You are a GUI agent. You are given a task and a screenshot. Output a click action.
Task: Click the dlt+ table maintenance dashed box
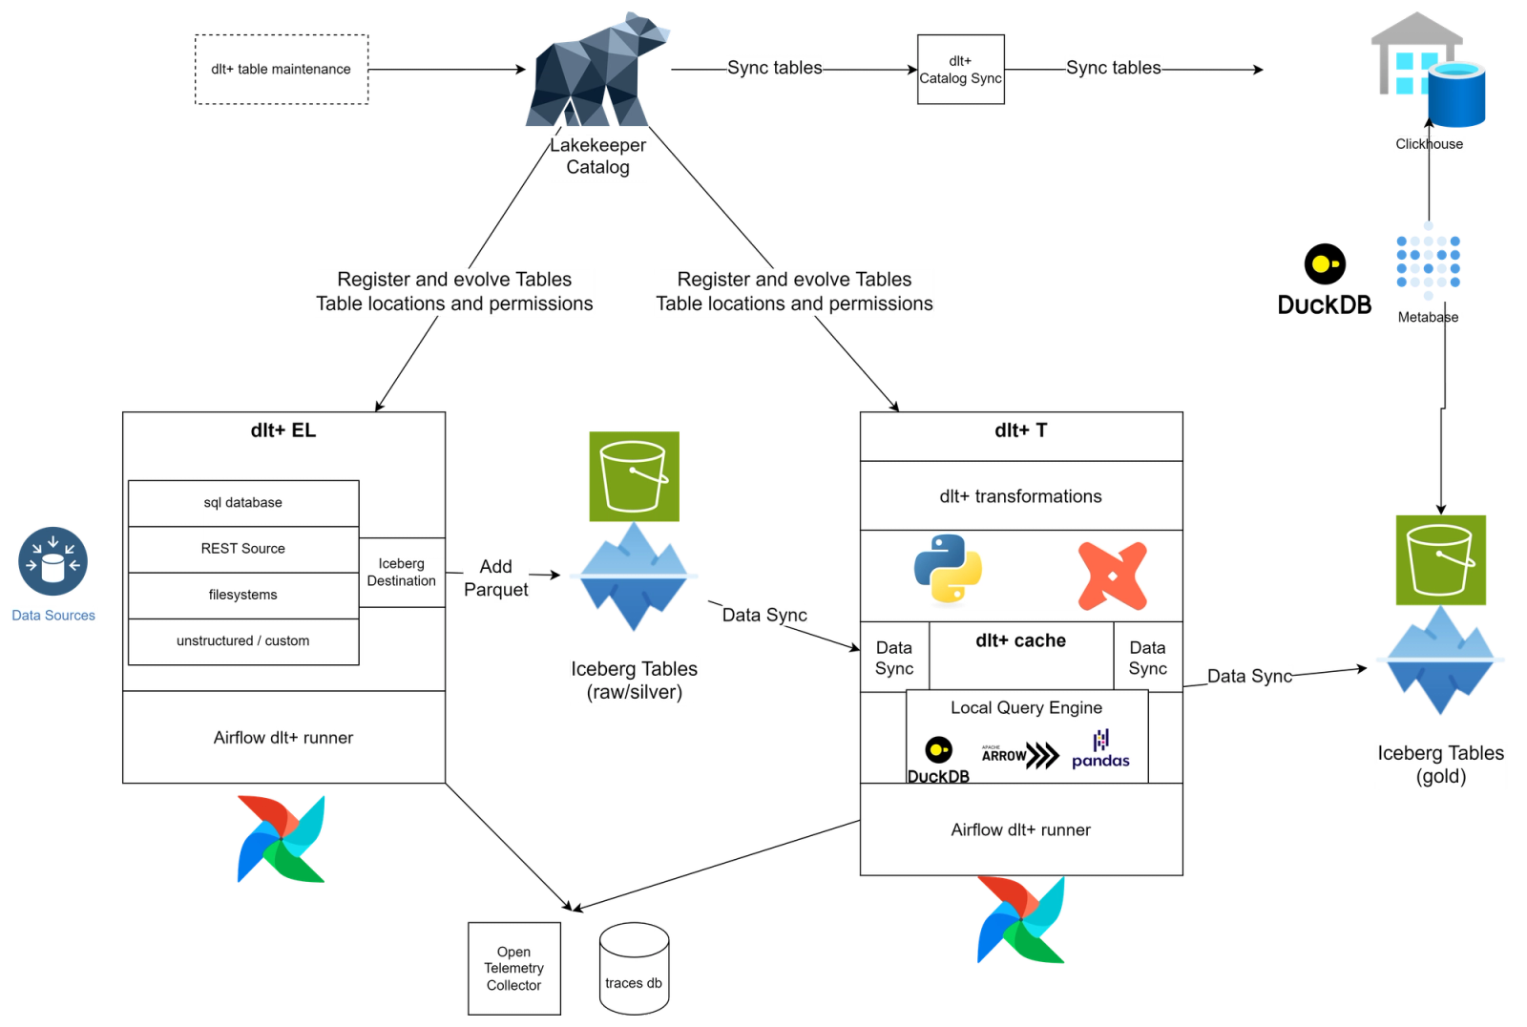coord(281,69)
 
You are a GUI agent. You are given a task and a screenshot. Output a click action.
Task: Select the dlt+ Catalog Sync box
coord(960,70)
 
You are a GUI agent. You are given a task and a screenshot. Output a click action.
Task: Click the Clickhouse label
coord(1428,144)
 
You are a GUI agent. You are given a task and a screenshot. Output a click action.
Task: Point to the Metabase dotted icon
coord(1428,261)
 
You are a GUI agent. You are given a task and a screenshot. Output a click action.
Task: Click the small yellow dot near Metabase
coord(1321,264)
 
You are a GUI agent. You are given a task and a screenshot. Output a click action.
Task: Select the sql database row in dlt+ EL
coord(243,503)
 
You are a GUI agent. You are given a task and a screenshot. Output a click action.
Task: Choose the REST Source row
coord(243,549)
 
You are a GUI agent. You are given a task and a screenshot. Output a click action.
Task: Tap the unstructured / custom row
coord(243,641)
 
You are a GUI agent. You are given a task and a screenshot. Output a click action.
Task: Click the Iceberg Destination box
coord(401,572)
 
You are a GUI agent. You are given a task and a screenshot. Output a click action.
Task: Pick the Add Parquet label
coord(494,577)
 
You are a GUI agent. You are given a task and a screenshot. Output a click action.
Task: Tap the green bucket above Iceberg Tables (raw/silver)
coord(634,476)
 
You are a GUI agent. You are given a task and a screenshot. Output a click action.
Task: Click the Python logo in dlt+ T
coord(948,569)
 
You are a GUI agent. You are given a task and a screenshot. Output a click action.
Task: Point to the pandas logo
coord(1100,750)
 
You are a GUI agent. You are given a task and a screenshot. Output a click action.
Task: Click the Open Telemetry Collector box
coord(513,968)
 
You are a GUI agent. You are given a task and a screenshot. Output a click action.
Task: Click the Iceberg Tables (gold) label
coord(1440,765)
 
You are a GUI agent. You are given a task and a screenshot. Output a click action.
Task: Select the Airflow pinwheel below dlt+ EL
coord(281,838)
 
